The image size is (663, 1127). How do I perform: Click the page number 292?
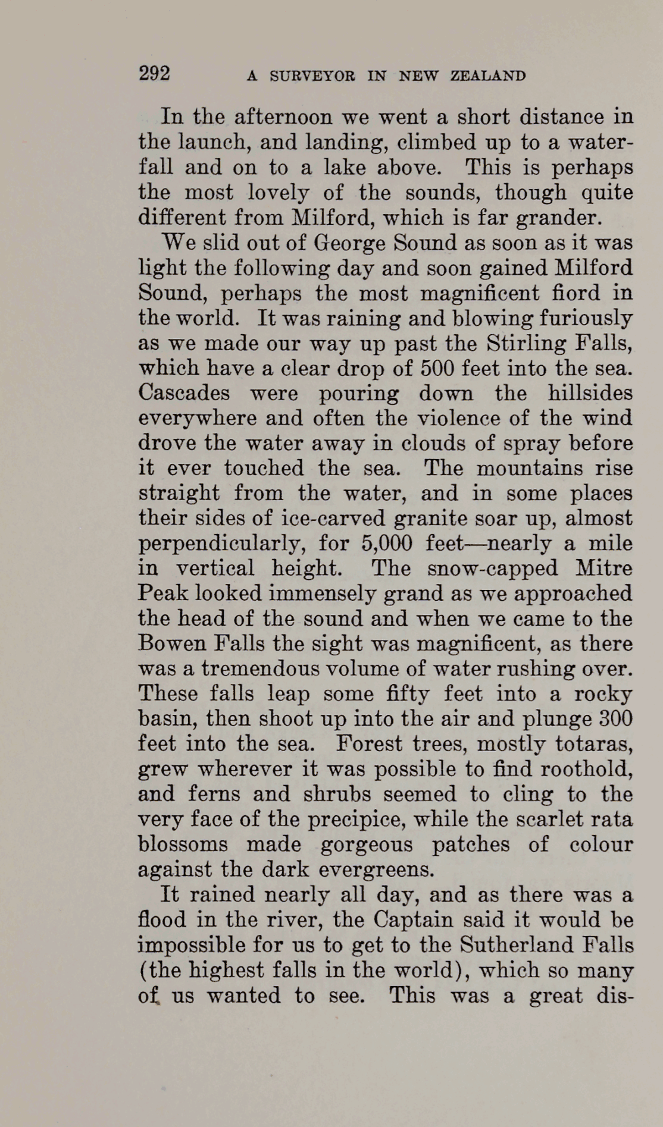click(154, 73)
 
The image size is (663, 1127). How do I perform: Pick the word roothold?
click(583, 769)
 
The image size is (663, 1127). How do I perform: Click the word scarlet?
click(539, 819)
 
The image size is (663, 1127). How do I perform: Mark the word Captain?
click(408, 920)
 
